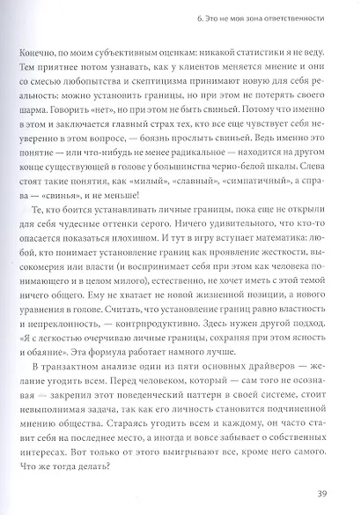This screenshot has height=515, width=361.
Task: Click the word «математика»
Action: coord(286,263)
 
